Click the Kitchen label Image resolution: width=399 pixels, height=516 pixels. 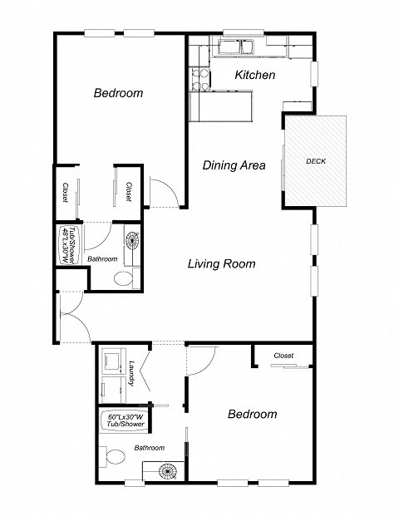tap(254, 76)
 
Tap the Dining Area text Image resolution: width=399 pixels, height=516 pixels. tap(234, 165)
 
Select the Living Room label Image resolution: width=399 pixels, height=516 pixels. tap(220, 264)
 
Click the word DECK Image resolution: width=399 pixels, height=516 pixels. tap(315, 160)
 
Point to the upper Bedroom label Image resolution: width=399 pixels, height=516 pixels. tap(117, 93)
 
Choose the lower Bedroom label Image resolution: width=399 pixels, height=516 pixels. tap(251, 414)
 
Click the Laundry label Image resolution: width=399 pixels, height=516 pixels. tap(132, 371)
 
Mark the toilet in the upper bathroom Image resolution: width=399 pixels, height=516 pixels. tap(125, 278)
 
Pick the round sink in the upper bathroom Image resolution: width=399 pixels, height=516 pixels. tap(133, 242)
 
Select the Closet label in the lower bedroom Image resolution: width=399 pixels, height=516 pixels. tap(283, 356)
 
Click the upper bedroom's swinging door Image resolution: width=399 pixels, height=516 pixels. tap(163, 192)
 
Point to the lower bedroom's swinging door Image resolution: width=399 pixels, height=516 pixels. tap(202, 358)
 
